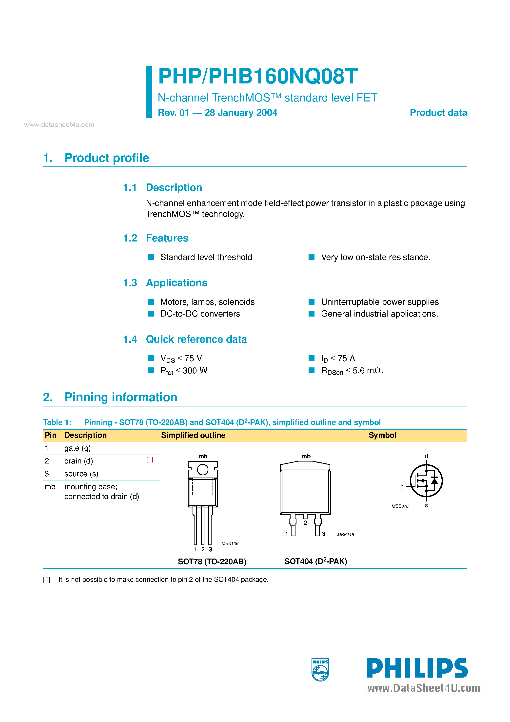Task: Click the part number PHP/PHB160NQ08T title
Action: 257,76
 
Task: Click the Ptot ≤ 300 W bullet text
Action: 184,371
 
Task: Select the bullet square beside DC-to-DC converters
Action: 151,314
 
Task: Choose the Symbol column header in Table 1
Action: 382,435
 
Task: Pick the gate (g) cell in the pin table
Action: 77,448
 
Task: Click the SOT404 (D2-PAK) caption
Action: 315,561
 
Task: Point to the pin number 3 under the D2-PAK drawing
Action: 324,534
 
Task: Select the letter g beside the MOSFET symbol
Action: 402,486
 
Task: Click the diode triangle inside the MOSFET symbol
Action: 434,481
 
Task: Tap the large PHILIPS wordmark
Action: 417,668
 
